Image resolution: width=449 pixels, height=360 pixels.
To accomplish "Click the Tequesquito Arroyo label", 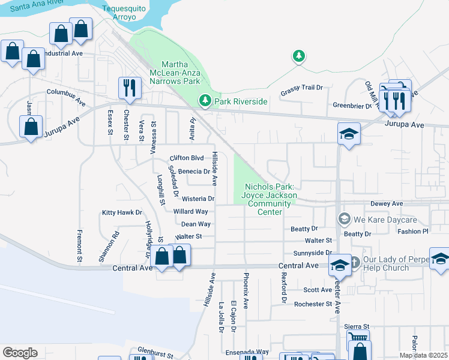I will tap(127, 13).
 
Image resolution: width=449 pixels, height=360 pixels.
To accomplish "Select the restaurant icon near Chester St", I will tap(130, 88).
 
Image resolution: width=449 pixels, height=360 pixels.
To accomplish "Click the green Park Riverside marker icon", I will tap(205, 101).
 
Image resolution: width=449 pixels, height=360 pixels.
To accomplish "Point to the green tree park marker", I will tap(298, 56).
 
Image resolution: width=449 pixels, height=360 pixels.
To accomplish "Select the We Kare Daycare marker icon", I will tap(343, 218).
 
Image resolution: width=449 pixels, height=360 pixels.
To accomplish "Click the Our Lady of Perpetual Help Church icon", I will tap(354, 262).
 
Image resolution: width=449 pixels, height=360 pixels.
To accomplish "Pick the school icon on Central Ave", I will tap(340, 264).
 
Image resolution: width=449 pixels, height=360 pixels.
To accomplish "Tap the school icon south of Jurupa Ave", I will tap(348, 134).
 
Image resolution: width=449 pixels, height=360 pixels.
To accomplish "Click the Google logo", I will tap(20, 353).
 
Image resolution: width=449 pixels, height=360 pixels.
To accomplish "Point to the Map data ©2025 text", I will tap(423, 355).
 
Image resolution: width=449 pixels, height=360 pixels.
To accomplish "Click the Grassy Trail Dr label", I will tap(301, 88).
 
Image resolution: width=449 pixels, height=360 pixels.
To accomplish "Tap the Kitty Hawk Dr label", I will tap(122, 212).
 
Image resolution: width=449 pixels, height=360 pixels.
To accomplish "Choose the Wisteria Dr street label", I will tap(198, 199).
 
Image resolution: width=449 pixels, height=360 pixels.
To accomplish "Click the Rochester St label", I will tap(313, 304).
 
